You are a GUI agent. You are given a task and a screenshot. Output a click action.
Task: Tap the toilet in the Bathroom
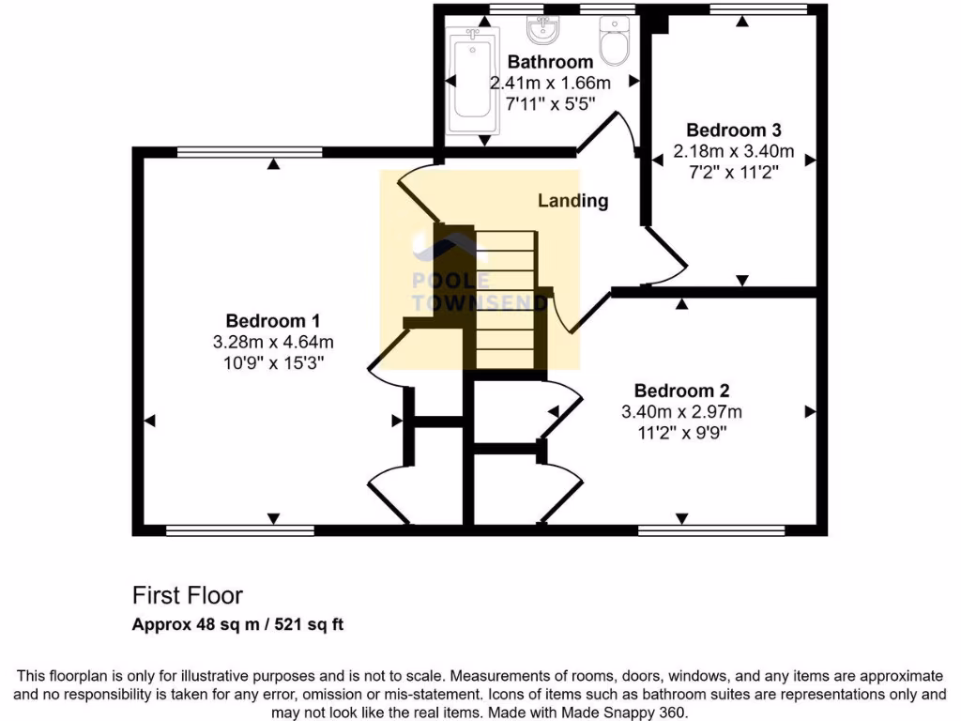615,43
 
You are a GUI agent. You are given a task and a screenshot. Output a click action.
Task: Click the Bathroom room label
550,63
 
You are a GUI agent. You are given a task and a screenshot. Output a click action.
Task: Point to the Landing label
572,200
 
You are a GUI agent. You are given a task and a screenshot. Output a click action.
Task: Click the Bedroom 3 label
734,130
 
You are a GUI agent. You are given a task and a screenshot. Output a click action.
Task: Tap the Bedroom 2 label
682,391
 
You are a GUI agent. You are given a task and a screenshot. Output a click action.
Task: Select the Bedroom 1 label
273,321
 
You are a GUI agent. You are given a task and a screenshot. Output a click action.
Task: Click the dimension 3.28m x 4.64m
273,342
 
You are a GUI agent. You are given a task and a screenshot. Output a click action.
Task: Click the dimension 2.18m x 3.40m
734,151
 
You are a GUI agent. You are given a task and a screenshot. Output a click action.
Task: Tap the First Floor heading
187,595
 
